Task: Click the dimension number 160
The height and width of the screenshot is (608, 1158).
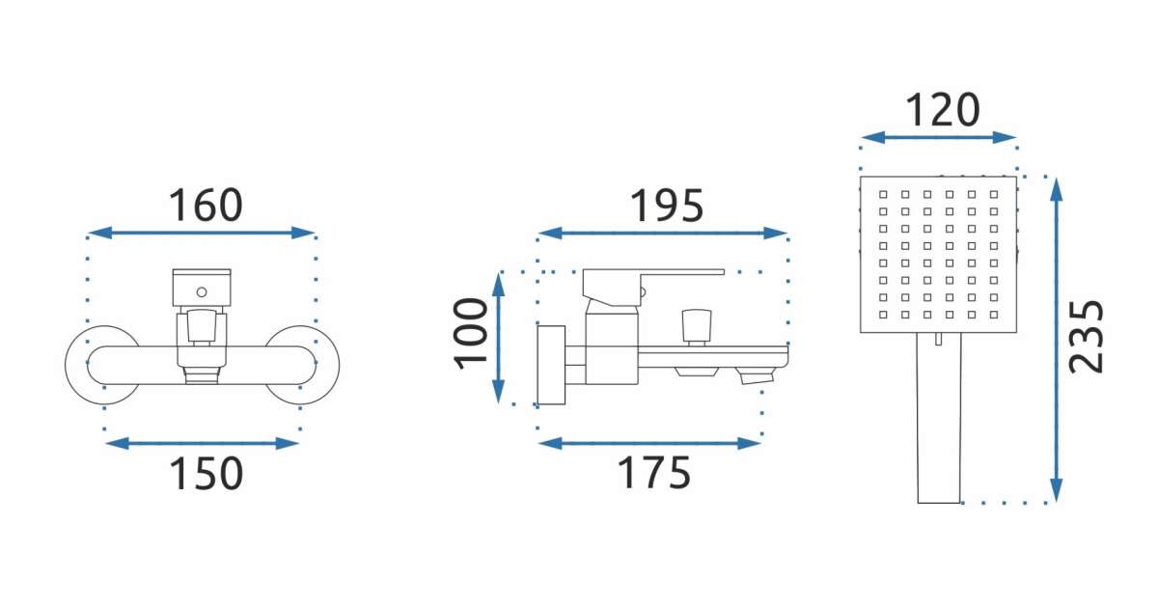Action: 206,206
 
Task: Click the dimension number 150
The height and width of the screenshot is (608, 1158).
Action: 206,473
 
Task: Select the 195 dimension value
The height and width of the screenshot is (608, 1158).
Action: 667,206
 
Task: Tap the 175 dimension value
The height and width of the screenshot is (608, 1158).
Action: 654,473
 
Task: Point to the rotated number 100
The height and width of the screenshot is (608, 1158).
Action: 471,334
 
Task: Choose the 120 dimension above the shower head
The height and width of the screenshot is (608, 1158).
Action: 943,110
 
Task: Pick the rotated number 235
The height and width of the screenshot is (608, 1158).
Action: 1086,337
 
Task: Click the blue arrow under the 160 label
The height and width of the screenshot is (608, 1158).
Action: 202,233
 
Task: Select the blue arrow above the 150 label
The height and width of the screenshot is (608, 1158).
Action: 202,444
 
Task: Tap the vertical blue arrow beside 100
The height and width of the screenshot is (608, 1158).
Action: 498,337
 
